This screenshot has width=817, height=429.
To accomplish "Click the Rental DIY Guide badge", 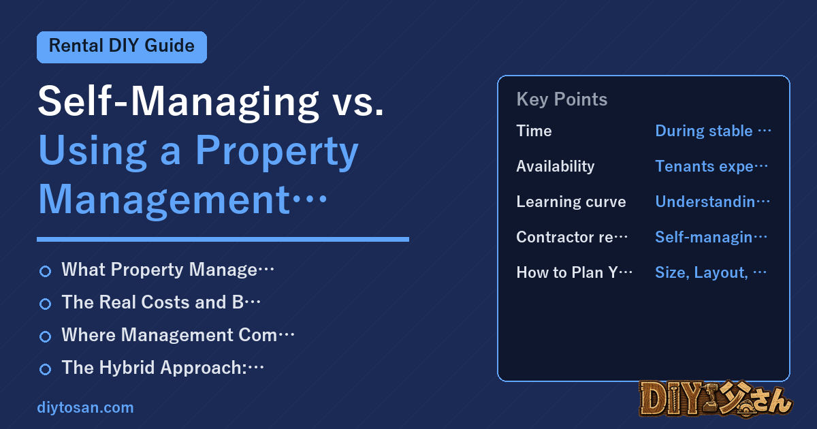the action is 122,47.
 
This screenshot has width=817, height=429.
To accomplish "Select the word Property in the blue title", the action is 277,151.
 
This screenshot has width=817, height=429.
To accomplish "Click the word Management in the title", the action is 164,200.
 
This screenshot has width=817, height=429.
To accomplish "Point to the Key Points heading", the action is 562,99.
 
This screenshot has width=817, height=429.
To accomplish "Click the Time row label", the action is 534,131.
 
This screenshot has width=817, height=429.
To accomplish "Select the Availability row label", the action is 556,166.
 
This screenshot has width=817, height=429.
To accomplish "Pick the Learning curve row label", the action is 571,202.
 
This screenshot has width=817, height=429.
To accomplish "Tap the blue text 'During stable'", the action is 704,131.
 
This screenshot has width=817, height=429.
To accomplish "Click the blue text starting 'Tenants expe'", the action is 711,166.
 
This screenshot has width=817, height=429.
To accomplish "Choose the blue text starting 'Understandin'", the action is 712,202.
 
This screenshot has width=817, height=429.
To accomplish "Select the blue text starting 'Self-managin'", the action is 711,237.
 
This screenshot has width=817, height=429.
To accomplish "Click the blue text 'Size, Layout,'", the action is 702,272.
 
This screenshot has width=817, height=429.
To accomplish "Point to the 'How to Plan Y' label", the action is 574,272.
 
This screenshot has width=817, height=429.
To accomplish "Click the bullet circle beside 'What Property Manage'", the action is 45,271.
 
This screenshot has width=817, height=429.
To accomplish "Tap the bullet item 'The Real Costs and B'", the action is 161,302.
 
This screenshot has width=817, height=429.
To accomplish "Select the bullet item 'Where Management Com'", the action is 178,335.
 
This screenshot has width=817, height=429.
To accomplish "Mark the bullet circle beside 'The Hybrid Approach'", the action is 45,369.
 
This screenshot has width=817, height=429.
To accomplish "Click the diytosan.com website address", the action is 85,407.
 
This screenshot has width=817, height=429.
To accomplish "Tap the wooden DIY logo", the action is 716,399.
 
